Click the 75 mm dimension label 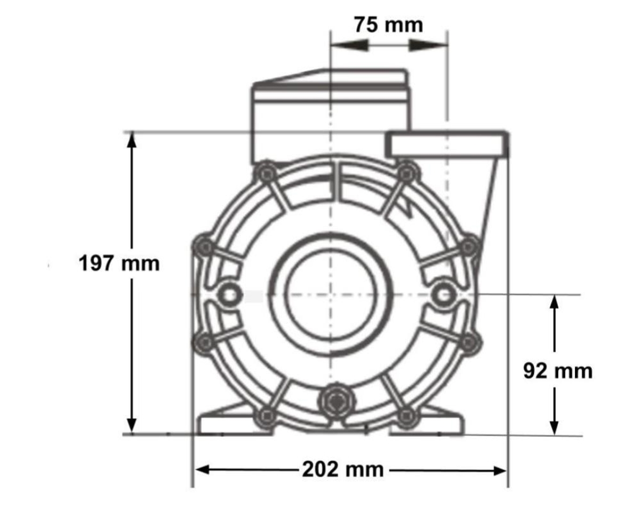point(388,25)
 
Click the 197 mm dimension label point(119,263)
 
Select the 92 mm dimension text point(557,370)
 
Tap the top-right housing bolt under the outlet point(406,172)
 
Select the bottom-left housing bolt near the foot point(266,415)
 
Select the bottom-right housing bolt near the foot point(407,414)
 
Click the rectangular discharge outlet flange point(446,145)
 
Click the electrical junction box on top point(331,115)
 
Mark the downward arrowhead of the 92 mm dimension point(554,427)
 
